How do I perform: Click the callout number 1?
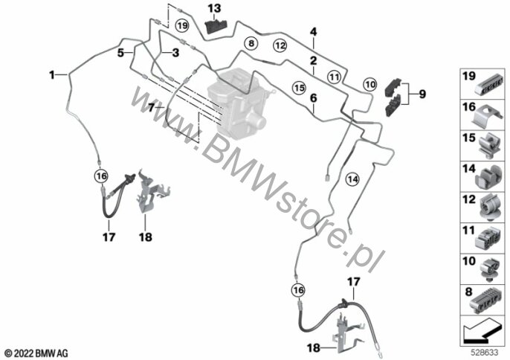pyautogui.click(x=52, y=74)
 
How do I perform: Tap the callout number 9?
pyautogui.click(x=422, y=94)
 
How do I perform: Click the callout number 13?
pyautogui.click(x=214, y=8)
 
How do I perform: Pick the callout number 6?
pyautogui.click(x=314, y=97)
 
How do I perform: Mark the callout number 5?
pyautogui.click(x=120, y=53)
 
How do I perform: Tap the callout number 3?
pyautogui.click(x=175, y=53)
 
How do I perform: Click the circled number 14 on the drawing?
pyautogui.click(x=352, y=179)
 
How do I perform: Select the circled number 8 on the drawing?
pyautogui.click(x=251, y=45)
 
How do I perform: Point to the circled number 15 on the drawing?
pyautogui.click(x=298, y=87)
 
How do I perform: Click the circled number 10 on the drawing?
pyautogui.click(x=369, y=85)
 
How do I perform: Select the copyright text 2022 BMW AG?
pyautogui.click(x=36, y=351)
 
